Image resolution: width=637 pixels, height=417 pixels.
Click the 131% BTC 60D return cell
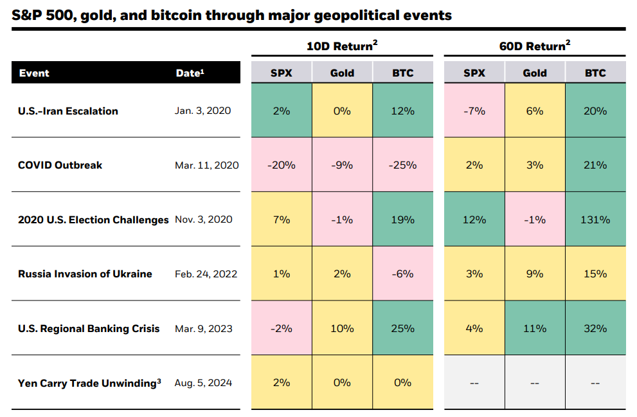[x=595, y=219]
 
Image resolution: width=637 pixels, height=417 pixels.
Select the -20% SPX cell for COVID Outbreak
[x=281, y=165]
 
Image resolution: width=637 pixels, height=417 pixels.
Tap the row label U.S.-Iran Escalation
[x=68, y=111]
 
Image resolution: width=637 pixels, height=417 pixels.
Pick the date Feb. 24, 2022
[x=206, y=273]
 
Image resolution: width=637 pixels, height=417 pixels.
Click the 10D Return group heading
[x=341, y=46]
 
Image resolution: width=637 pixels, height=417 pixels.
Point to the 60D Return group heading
[x=534, y=46]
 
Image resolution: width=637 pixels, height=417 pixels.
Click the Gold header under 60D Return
[x=534, y=73]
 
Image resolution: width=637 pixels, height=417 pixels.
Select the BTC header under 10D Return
[x=402, y=73]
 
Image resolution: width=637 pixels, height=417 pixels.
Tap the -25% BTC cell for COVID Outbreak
[x=402, y=165]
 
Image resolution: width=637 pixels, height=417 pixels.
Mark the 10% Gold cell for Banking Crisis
[x=342, y=328]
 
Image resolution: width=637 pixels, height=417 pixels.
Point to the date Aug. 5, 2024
[x=203, y=383]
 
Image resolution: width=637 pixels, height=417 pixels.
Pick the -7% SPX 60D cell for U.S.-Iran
[x=474, y=111]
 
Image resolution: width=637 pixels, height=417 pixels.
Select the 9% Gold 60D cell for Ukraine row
[x=534, y=273]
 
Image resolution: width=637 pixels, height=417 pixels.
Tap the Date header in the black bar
[x=190, y=73]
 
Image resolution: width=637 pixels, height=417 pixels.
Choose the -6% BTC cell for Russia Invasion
[x=402, y=273]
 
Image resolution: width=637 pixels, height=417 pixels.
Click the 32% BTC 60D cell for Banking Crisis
[x=595, y=328]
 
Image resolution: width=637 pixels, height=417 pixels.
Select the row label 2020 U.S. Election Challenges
[x=93, y=219]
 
